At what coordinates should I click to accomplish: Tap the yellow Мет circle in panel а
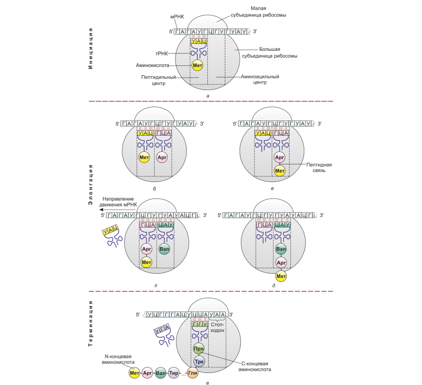click(x=198, y=66)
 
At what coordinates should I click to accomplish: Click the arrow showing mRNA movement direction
click(x=104, y=209)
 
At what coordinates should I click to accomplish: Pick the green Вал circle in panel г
click(x=164, y=250)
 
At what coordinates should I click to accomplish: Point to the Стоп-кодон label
click(x=217, y=328)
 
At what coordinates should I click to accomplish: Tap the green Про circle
click(x=199, y=349)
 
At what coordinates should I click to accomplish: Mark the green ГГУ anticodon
click(x=199, y=325)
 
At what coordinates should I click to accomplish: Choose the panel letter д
click(x=274, y=286)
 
